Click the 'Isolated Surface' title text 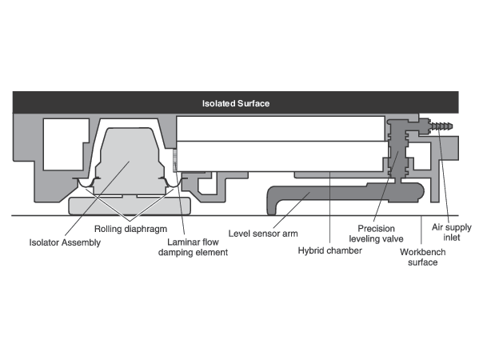point(236,103)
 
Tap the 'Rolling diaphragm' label point(131,229)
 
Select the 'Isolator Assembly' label point(65,242)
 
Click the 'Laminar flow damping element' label point(193,247)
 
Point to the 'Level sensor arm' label point(263,234)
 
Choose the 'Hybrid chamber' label point(330,250)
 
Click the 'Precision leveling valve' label point(377,234)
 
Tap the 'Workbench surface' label point(423,257)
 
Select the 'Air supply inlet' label point(452,232)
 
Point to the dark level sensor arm point(345,193)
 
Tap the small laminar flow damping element point(175,160)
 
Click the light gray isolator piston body point(130,162)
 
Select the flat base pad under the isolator point(130,206)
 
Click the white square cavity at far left point(66,144)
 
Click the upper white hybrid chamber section point(281,129)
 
